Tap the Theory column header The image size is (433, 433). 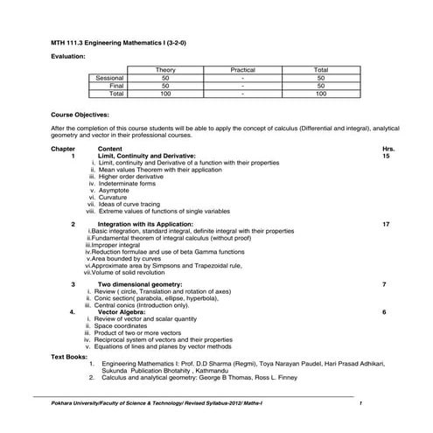click(x=165, y=69)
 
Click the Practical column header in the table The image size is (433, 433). click(x=242, y=69)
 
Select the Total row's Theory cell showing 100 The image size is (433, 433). click(x=165, y=93)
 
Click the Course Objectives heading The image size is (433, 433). click(x=80, y=115)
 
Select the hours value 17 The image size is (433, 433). click(x=386, y=224)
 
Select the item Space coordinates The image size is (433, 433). click(x=127, y=325)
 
